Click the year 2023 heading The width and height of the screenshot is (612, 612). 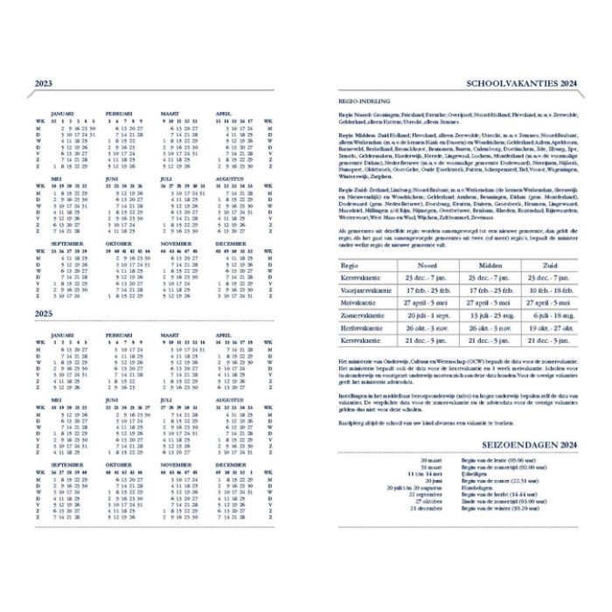click(x=44, y=84)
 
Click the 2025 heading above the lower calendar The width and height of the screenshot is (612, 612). click(x=44, y=313)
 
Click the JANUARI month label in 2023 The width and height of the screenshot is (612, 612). click(x=63, y=114)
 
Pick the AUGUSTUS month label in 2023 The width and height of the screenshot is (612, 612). click(x=231, y=178)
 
